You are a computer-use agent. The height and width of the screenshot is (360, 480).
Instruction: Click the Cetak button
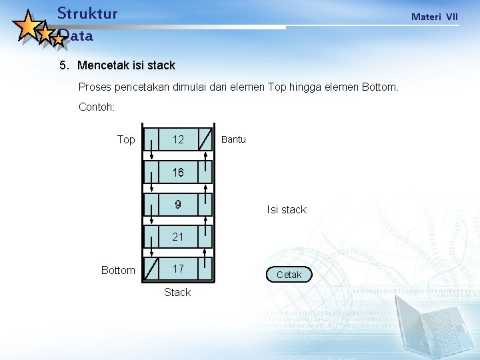click(289, 275)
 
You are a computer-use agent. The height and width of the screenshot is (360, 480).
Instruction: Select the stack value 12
click(178, 139)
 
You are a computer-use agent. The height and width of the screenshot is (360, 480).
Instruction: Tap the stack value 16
click(178, 173)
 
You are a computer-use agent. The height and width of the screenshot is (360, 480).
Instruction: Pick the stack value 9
click(178, 205)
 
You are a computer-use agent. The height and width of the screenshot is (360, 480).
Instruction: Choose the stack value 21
click(178, 237)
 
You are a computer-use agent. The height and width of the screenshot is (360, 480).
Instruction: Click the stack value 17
click(178, 269)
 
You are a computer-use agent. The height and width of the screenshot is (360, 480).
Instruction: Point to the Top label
click(126, 139)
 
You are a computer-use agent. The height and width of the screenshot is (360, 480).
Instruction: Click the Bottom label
click(118, 270)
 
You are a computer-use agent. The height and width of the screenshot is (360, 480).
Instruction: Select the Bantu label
click(233, 139)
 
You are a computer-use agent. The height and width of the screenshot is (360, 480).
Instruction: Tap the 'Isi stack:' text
click(287, 210)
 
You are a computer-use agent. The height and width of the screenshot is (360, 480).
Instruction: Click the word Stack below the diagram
click(177, 292)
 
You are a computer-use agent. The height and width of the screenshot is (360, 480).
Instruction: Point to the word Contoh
click(97, 107)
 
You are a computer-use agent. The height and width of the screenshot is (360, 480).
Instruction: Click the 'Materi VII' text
click(435, 17)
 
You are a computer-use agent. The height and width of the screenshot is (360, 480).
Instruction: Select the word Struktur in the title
click(87, 13)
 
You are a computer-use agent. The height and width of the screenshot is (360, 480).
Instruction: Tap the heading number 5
click(63, 65)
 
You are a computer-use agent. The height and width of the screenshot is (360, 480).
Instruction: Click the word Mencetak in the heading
click(103, 65)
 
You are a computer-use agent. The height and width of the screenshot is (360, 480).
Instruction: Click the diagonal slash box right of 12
click(207, 140)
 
